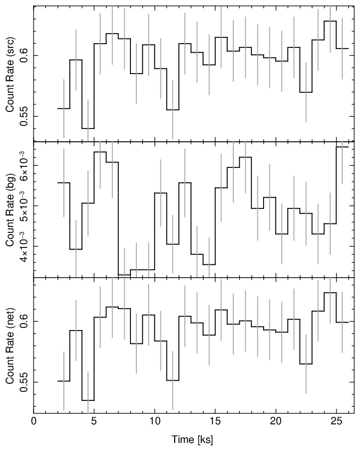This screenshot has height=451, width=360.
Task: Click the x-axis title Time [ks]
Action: click(x=192, y=440)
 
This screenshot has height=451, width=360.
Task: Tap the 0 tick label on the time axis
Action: click(x=34, y=422)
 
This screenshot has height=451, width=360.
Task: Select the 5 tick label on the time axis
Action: click(x=94, y=422)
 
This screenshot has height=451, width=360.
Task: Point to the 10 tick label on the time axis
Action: click(x=154, y=422)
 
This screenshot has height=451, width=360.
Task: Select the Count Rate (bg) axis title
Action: click(x=10, y=210)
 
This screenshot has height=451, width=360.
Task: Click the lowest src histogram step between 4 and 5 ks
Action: click(x=88, y=128)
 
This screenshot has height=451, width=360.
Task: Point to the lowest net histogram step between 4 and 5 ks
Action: click(x=88, y=400)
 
